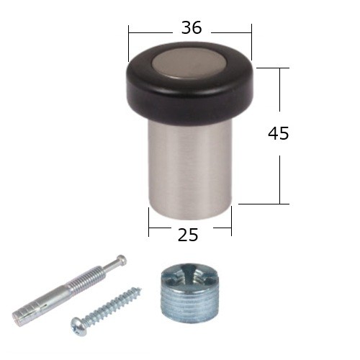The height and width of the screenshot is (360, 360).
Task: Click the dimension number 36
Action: pos(192,27)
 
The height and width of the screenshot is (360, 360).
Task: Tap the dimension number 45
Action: pos(279,133)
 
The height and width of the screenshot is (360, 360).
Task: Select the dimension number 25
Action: pos(188,235)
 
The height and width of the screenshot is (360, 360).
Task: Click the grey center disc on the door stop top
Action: pos(189,63)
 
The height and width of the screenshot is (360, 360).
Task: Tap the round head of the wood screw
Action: pos(76,325)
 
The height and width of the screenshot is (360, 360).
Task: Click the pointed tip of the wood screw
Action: pos(141,289)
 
